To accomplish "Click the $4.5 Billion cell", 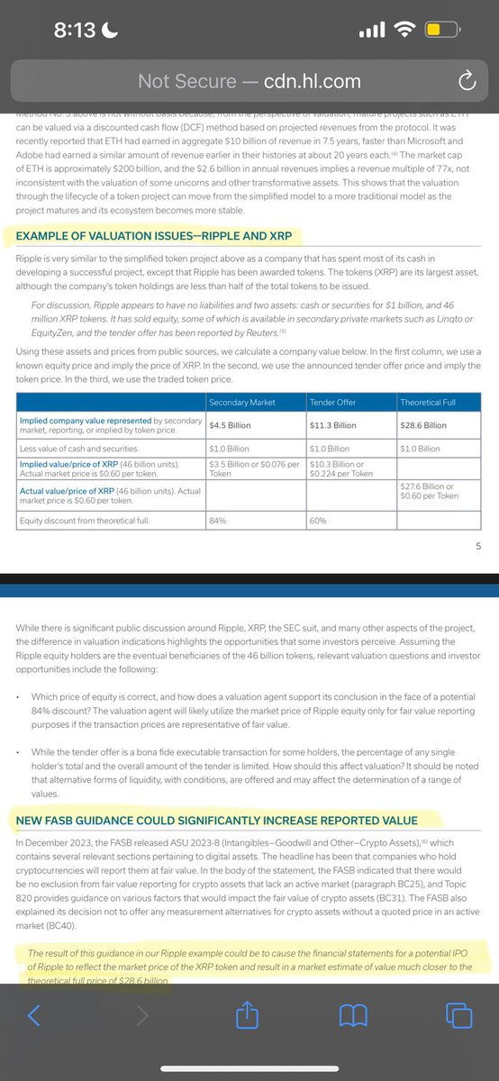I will (229, 425).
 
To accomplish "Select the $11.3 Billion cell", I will (334, 425).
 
